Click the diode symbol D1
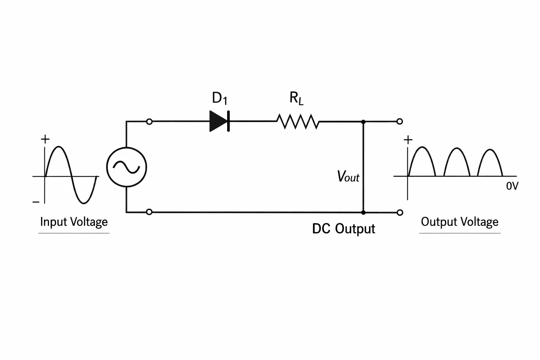tap(219, 121)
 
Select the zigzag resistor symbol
tap(298, 122)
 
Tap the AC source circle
tap(127, 167)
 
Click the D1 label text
tap(220, 98)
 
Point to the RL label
tap(296, 98)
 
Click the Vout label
tap(348, 176)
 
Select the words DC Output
tap(343, 229)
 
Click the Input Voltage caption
tap(74, 222)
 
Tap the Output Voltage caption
tap(460, 222)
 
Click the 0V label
tap(512, 186)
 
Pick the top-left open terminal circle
tap(149, 122)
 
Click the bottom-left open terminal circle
tap(149, 212)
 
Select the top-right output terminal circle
tap(399, 122)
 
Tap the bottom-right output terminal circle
tap(400, 212)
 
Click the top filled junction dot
tap(363, 122)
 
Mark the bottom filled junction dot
tap(363, 212)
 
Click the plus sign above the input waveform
tap(45, 139)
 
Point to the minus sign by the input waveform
tap(36, 201)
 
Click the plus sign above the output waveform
tap(408, 140)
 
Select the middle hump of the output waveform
tap(457, 148)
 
